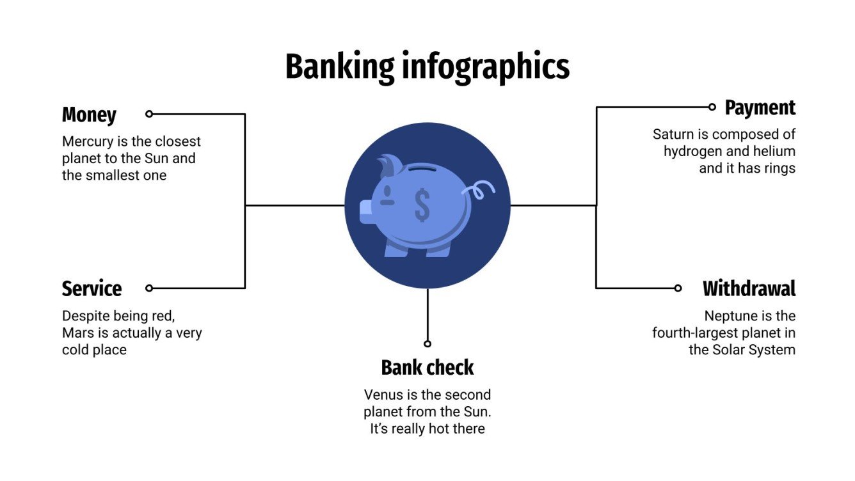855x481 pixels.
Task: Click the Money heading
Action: [89, 115]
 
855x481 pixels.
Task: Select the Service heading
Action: [92, 288]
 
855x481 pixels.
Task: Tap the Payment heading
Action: [760, 107]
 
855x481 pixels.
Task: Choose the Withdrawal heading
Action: [749, 288]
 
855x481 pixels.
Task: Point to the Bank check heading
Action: [427, 368]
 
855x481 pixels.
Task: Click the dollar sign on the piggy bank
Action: [422, 204]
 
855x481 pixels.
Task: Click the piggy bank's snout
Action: [365, 212]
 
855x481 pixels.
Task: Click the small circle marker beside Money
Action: [149, 114]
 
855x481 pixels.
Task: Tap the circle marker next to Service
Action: [149, 288]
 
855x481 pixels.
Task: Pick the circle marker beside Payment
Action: [712, 107]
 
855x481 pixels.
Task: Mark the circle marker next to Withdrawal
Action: [678, 288]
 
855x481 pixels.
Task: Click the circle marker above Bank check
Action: [427, 343]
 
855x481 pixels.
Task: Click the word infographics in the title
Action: [485, 67]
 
